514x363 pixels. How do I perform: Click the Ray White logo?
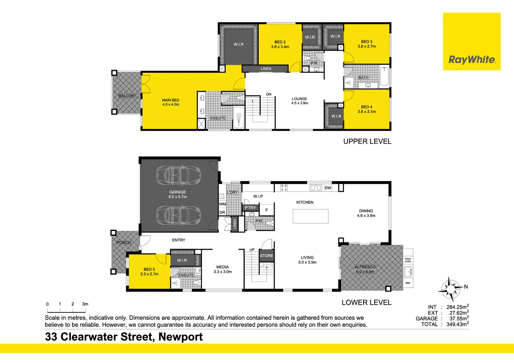point(472,42)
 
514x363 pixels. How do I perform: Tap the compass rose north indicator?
point(451,289)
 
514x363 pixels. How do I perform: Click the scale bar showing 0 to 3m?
point(66,310)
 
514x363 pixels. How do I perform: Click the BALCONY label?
point(127,96)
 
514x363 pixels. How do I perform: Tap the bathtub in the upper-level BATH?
point(384,76)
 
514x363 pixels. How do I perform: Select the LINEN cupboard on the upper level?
point(265,69)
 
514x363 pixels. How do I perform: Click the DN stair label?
point(269,94)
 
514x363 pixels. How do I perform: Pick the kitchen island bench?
point(311,216)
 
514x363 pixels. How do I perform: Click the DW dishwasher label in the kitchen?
point(328,188)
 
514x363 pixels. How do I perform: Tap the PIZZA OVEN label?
point(408,260)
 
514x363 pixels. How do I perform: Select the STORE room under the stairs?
point(266,256)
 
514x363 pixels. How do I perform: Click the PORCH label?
point(124,242)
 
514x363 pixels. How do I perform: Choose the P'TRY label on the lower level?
point(250,207)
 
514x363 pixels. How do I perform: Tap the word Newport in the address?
point(180,337)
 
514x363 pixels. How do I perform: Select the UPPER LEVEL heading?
point(367,141)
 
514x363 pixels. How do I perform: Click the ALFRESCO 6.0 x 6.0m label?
point(365,269)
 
